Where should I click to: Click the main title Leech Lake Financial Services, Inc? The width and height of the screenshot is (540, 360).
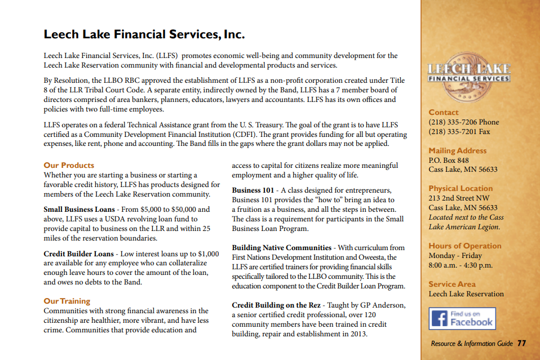click(x=144, y=34)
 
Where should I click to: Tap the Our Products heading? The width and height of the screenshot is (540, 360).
click(x=69, y=165)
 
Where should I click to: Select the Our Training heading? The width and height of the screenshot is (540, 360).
click(x=67, y=301)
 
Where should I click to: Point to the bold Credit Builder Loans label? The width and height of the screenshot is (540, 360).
click(x=78, y=254)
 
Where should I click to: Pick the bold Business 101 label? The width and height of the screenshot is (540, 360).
click(x=254, y=190)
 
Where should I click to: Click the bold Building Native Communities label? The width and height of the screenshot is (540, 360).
click(x=281, y=248)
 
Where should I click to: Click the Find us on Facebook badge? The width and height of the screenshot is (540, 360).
click(x=462, y=318)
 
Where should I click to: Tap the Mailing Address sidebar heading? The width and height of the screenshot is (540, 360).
click(x=457, y=150)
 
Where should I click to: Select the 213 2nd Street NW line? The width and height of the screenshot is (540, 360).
click(x=458, y=198)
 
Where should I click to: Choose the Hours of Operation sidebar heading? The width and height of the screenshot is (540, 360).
click(x=464, y=246)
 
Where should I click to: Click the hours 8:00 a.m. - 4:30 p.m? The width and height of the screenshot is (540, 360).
click(x=461, y=265)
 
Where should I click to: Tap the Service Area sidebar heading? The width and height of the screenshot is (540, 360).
click(x=452, y=284)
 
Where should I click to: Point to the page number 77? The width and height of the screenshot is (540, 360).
click(x=521, y=343)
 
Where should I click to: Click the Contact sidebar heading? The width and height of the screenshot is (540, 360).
click(x=444, y=112)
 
